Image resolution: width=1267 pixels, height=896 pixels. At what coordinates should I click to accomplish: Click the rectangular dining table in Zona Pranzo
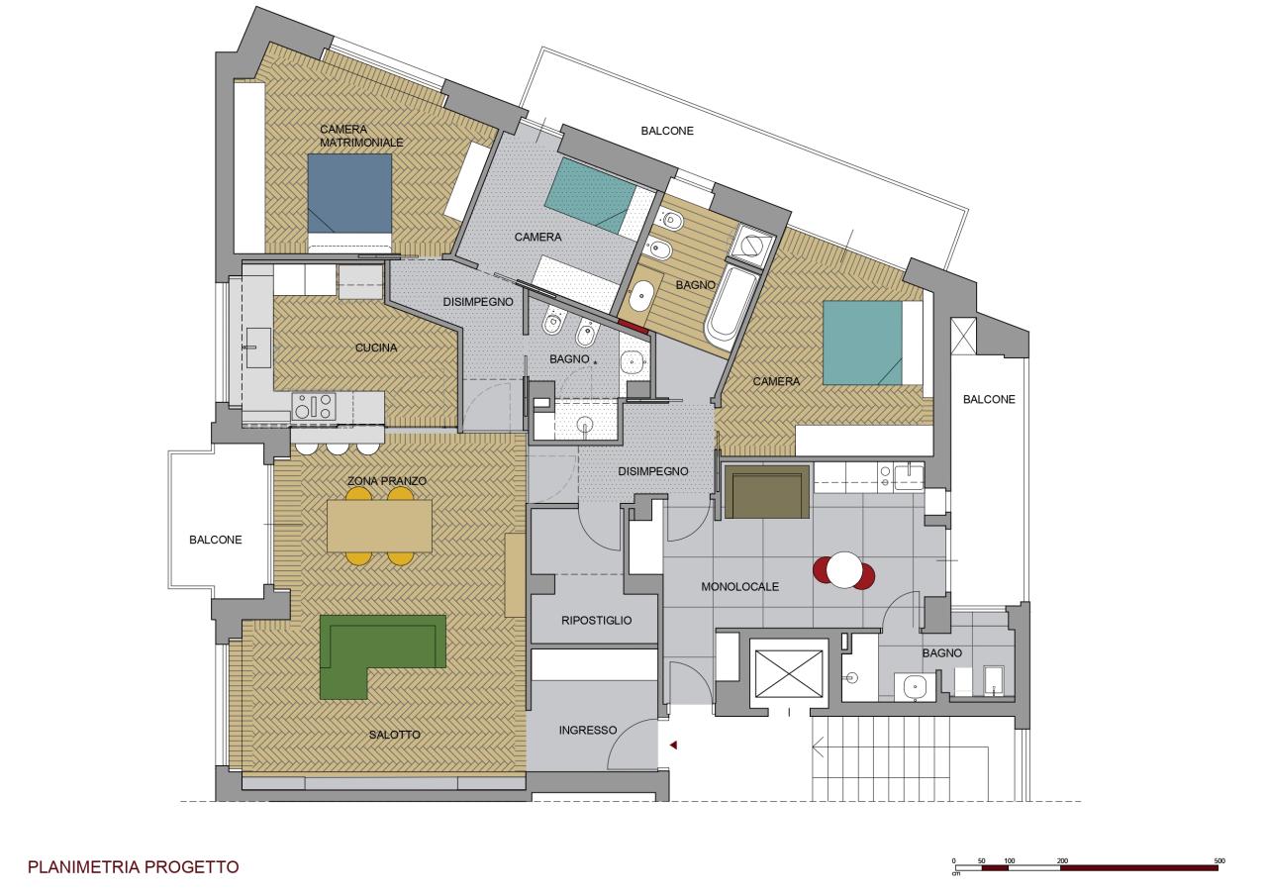coord(379,526)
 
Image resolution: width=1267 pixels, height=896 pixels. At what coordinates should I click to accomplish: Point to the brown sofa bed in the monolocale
coord(766,491)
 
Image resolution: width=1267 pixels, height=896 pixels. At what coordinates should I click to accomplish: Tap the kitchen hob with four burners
coord(314,406)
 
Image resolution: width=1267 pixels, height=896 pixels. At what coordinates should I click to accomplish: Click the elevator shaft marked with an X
coord(789,675)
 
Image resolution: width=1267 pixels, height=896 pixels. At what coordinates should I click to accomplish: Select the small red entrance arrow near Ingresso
coord(673,746)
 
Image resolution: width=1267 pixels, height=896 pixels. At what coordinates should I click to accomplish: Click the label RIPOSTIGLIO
coord(596,621)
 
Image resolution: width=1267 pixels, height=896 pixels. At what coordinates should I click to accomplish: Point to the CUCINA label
coord(376,348)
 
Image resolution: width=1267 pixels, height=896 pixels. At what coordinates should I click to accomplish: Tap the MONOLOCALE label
coord(739,587)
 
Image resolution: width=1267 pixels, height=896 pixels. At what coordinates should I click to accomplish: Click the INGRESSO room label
coord(588,731)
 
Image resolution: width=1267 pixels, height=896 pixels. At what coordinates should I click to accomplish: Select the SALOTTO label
coord(394,735)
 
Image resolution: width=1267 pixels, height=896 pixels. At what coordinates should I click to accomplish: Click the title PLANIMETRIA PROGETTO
coord(133,867)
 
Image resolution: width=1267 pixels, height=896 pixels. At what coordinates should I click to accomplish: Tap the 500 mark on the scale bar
coord(1219,861)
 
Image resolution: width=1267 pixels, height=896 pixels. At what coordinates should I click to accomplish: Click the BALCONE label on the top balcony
coord(667,131)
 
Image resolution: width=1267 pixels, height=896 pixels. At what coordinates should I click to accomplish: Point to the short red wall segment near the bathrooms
coord(633,327)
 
